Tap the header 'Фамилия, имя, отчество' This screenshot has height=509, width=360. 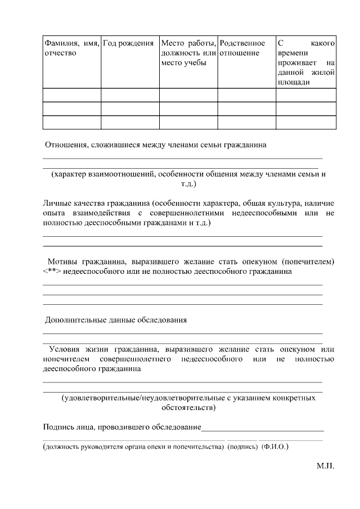[x=71, y=48]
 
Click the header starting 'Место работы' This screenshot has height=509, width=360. [x=188, y=53]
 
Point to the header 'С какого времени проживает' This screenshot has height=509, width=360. [x=306, y=62]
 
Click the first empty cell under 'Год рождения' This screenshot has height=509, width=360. [x=130, y=94]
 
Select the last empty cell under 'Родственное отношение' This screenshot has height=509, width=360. [x=246, y=122]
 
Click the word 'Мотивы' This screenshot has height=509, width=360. [x=63, y=262]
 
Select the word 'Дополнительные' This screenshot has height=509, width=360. [x=74, y=320]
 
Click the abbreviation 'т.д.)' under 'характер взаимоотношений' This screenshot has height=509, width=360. [x=188, y=183]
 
